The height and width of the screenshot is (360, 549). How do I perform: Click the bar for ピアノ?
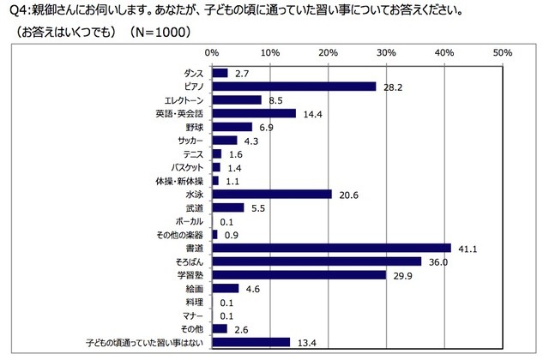[x=293, y=87]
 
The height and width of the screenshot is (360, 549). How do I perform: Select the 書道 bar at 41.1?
[x=330, y=248]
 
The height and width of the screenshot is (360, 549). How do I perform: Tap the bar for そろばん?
[x=316, y=261]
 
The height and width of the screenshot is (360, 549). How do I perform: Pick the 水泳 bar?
[x=271, y=194]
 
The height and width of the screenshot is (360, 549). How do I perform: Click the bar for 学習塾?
[x=298, y=275]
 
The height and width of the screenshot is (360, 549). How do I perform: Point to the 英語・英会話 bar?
[x=253, y=113]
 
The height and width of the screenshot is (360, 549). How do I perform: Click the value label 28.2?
[x=390, y=87]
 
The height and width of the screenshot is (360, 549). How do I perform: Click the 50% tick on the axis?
[x=503, y=53]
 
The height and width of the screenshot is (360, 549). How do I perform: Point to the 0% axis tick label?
[x=212, y=53]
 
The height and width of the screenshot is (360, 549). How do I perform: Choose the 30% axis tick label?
[x=386, y=53]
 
